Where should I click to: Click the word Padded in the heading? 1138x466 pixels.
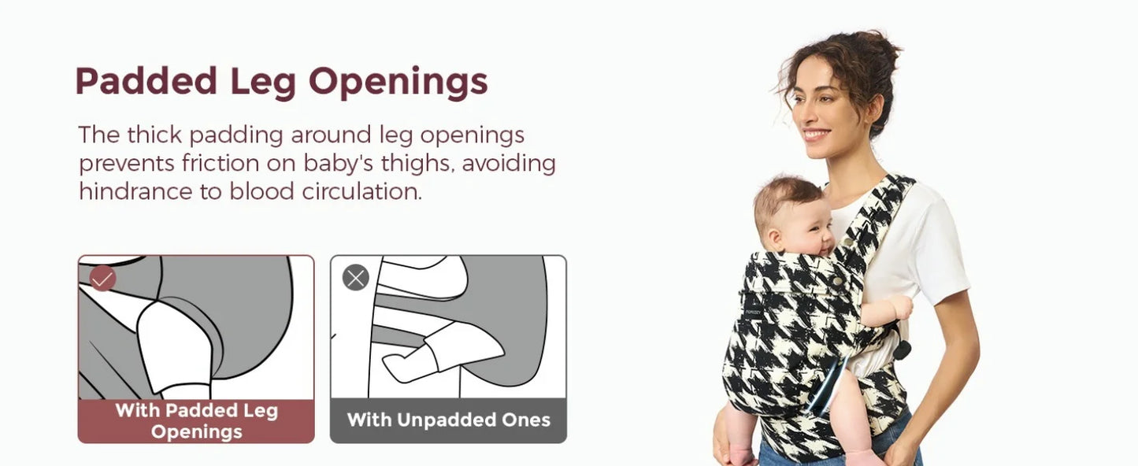tap(146, 81)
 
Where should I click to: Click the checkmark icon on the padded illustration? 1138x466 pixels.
tap(103, 278)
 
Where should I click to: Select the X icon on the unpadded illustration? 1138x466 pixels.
tap(355, 278)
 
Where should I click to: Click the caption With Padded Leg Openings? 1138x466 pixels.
tap(196, 420)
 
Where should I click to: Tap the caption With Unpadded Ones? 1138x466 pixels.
tap(448, 420)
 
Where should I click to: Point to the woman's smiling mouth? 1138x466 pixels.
tap(816, 135)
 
